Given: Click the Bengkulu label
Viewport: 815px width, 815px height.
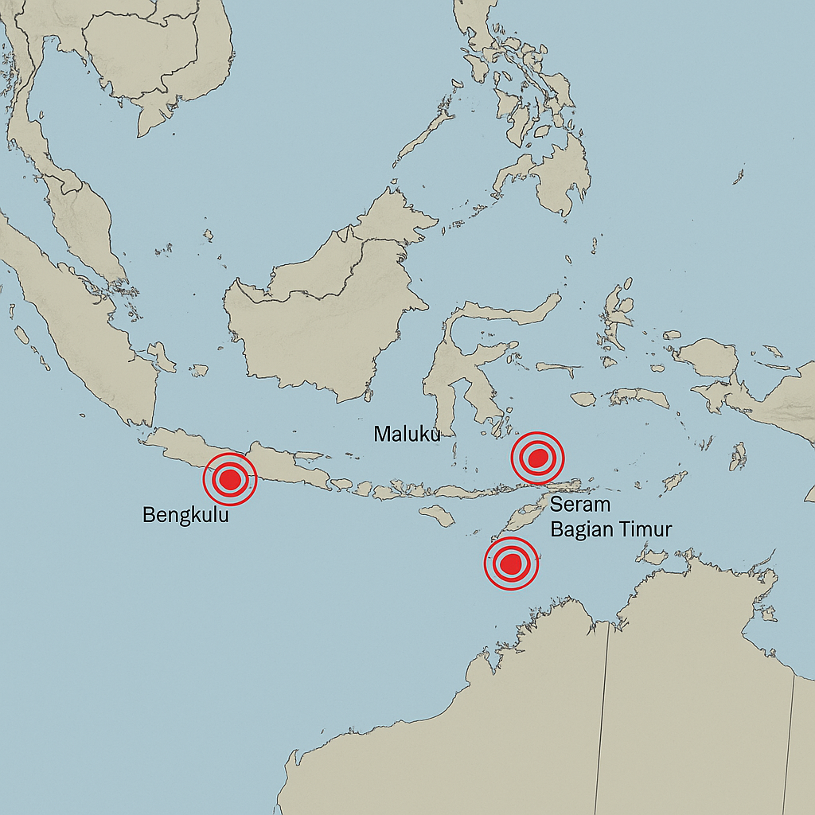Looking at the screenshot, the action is point(185,515).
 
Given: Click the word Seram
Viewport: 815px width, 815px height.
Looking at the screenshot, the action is point(580,504).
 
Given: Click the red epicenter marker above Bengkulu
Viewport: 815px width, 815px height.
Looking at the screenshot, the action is point(230,479).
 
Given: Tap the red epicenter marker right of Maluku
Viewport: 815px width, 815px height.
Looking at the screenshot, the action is point(537,458).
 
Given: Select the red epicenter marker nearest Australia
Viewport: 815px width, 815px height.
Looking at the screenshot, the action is point(512,563).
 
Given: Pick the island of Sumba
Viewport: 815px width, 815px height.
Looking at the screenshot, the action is point(437,516).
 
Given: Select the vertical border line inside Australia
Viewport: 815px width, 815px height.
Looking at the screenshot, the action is point(603,716).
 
